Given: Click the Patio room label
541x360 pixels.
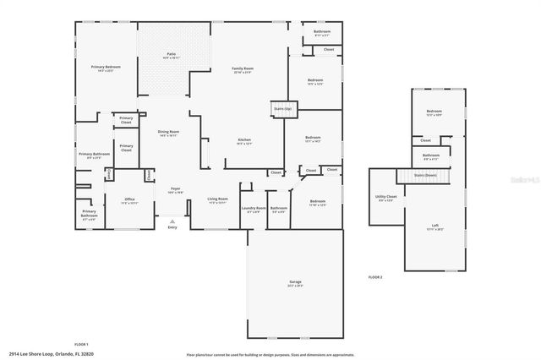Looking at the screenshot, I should [171, 55].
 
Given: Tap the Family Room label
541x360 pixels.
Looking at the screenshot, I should [243, 69].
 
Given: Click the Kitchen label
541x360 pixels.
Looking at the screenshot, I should [243, 139].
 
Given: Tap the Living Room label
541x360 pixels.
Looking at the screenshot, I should [218, 199].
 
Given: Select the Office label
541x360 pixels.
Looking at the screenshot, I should [107, 199].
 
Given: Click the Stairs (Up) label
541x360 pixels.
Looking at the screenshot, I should [281, 109].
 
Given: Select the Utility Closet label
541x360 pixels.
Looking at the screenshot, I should [386, 198].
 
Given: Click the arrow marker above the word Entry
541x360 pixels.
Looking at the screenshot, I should [172, 220].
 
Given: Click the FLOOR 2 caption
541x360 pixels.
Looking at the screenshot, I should [375, 277].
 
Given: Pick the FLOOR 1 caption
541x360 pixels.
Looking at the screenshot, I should [81, 344].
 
